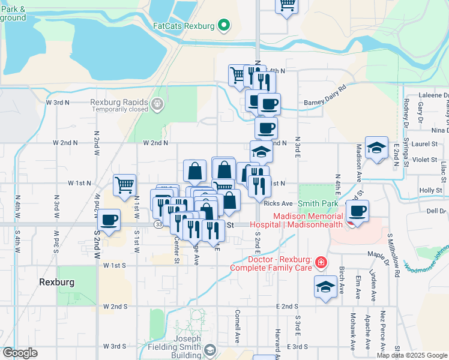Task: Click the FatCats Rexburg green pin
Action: click(x=224, y=26)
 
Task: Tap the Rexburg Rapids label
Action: click(x=119, y=102)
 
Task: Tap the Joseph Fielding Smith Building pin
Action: click(x=209, y=350)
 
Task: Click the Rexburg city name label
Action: click(x=56, y=281)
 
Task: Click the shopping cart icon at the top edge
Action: click(x=287, y=5)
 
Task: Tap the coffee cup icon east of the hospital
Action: click(x=358, y=211)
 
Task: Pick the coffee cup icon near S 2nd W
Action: click(x=109, y=220)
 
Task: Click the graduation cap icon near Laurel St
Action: click(x=376, y=147)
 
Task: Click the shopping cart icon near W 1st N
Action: click(x=124, y=185)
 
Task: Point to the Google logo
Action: click(x=20, y=353)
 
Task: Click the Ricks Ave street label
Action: click(x=278, y=204)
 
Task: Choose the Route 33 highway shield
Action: click(x=158, y=224)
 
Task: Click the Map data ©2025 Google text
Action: click(x=411, y=355)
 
